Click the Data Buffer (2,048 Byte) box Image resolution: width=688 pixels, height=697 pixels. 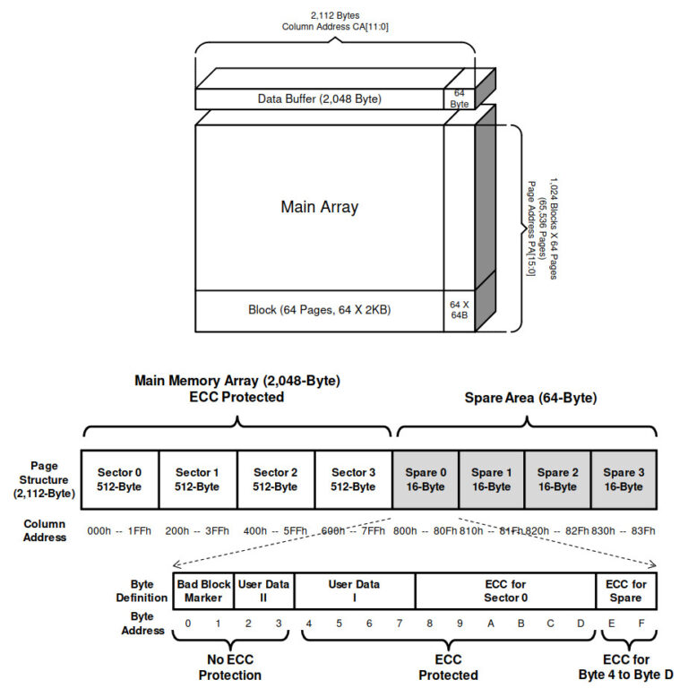[x=319, y=99]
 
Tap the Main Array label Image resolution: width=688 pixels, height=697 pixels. [x=319, y=207]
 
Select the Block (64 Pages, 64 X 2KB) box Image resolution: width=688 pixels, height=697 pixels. [x=319, y=310]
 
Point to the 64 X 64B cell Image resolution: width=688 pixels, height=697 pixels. [x=460, y=310]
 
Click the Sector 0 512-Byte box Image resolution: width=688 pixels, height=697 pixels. [x=119, y=479]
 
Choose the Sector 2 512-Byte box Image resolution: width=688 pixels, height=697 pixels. [x=275, y=479]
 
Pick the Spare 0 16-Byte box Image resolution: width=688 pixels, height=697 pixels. [x=426, y=479]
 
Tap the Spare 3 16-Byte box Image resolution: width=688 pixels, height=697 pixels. [x=624, y=479]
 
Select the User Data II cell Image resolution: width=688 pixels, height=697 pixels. [x=263, y=590]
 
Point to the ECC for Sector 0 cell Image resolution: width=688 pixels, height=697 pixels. [x=505, y=590]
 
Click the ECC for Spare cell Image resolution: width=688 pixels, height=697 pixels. [x=626, y=590]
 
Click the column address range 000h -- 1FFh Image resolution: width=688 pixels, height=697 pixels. [x=120, y=530]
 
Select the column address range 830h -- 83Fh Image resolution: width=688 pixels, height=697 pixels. [x=623, y=530]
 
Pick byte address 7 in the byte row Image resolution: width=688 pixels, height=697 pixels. [x=400, y=623]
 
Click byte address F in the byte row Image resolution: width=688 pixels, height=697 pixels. [x=641, y=623]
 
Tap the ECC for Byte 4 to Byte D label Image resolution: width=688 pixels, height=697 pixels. [x=626, y=668]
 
